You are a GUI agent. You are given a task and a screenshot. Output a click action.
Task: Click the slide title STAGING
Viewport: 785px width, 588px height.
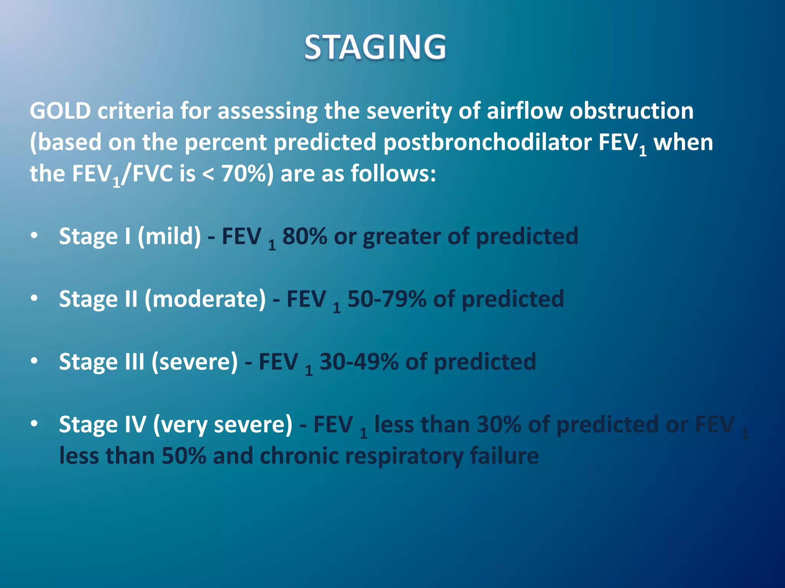tap(375, 47)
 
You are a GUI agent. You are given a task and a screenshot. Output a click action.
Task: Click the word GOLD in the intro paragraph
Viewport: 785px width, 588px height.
tap(60, 111)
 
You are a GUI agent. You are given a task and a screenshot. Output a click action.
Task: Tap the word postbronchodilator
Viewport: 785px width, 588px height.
tap(488, 143)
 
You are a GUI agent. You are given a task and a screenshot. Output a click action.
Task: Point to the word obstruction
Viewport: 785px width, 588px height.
tap(631, 111)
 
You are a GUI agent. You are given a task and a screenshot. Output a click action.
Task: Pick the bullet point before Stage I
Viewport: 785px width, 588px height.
tap(34, 235)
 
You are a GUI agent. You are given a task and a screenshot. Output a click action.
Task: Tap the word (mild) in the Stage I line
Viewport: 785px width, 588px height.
tap(169, 236)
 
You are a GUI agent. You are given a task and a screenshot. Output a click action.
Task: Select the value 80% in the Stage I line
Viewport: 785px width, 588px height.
tap(305, 236)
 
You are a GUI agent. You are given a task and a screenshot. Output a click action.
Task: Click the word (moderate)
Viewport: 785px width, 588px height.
tap(205, 299)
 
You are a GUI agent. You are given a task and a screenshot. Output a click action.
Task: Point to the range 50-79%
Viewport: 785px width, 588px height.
tap(386, 299)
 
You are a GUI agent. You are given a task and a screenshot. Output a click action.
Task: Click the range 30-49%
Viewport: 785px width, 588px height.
tap(359, 362)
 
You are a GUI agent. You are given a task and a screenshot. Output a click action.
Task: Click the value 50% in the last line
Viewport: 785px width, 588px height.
tap(184, 456)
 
